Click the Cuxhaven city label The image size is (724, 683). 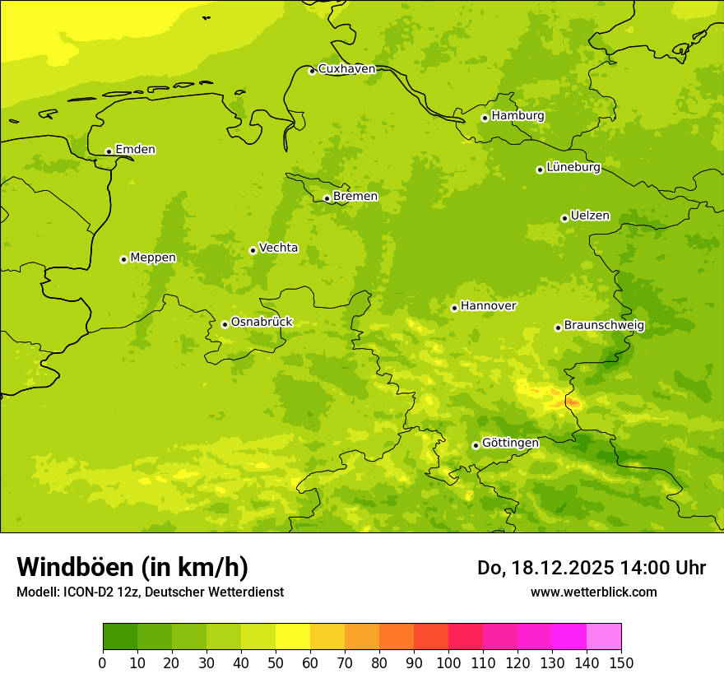346,69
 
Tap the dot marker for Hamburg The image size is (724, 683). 485,118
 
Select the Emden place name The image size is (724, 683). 135,150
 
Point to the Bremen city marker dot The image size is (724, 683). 327,198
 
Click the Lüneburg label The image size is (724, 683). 573,168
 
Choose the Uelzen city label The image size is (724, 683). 590,216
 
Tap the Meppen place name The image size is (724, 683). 153,258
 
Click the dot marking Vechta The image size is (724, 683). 253,250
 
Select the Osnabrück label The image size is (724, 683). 262,323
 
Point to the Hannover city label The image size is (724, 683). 488,306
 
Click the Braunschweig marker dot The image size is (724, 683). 558,328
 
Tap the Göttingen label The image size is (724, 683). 510,444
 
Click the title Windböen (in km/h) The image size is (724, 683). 132,567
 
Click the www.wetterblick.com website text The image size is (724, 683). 593,592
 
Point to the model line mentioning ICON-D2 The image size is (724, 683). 150,592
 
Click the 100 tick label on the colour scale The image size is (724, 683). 448,663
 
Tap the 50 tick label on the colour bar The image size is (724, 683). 276,663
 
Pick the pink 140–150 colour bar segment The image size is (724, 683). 604,637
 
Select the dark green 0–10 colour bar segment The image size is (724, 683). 120,637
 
